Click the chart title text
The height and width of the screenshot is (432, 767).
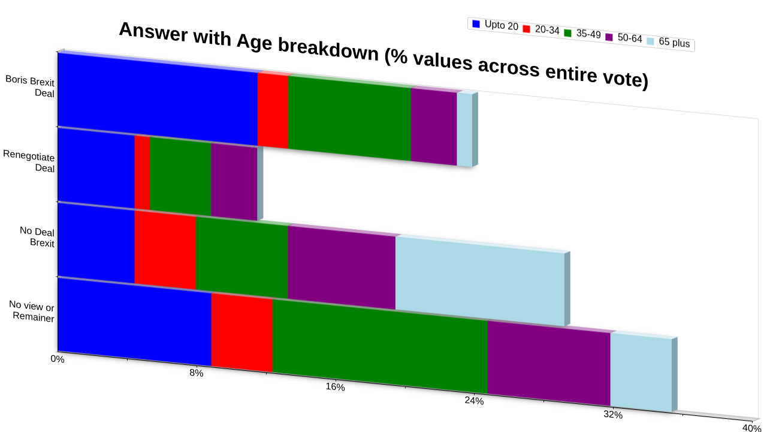383,55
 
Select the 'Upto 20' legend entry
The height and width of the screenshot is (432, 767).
495,25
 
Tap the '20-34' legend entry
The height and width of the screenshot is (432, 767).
541,29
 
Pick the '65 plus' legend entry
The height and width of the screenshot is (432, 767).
668,42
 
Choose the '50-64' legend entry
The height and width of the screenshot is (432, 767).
624,37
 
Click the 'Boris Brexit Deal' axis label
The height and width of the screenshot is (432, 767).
30,86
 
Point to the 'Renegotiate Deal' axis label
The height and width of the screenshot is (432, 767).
29,161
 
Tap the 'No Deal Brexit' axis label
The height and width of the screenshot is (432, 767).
37,236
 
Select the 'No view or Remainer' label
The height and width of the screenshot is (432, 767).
32,311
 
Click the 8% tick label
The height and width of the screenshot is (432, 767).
196,373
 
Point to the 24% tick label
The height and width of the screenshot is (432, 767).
474,400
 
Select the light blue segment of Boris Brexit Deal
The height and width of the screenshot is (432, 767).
464,130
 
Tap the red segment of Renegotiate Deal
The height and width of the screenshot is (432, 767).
142,173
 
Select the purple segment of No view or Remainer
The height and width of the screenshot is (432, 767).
549,363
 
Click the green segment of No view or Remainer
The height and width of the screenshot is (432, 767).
380,346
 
